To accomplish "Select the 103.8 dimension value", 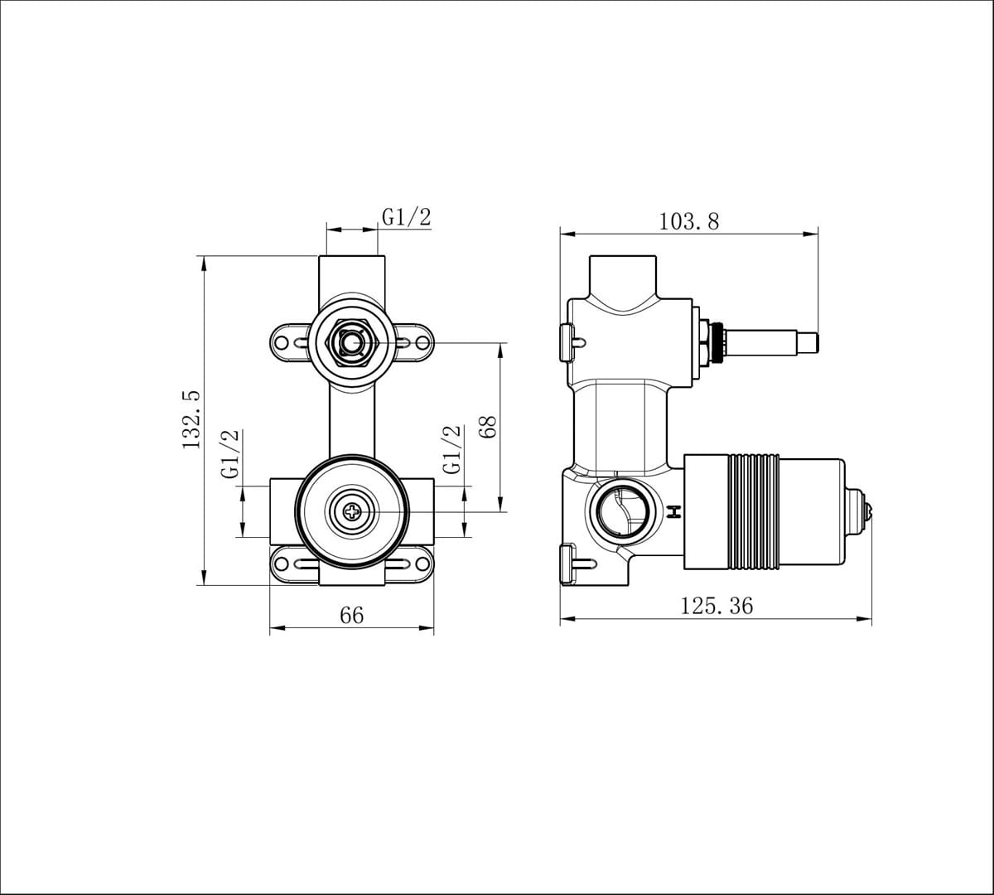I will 688,222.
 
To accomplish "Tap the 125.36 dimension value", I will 717,606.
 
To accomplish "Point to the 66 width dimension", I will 351,616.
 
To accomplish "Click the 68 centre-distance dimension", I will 487,426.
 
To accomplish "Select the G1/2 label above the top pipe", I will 406,217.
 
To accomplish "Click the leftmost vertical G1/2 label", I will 229,452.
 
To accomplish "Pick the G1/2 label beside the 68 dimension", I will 451,449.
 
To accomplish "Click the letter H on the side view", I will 674,512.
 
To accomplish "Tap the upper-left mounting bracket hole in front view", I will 282,342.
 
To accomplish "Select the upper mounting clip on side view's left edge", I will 570,340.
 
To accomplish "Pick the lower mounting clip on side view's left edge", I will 570,564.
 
